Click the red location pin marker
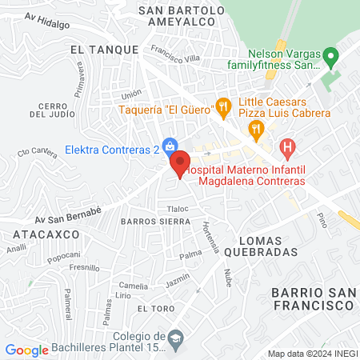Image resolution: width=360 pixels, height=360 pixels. (x=181, y=163)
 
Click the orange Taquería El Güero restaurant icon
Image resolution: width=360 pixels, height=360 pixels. (x=224, y=106)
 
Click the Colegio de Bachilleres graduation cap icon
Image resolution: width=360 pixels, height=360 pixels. (x=174, y=341)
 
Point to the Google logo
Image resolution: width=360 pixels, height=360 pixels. (x=26, y=350)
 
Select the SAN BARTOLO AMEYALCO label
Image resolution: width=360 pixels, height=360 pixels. (x=182, y=17)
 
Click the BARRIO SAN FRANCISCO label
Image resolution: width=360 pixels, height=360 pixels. (x=312, y=298)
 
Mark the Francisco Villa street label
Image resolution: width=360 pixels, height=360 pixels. (x=174, y=58)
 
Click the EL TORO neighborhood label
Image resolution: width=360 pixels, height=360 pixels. (x=152, y=308)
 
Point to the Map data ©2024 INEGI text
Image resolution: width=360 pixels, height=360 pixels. (x=310, y=354)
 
